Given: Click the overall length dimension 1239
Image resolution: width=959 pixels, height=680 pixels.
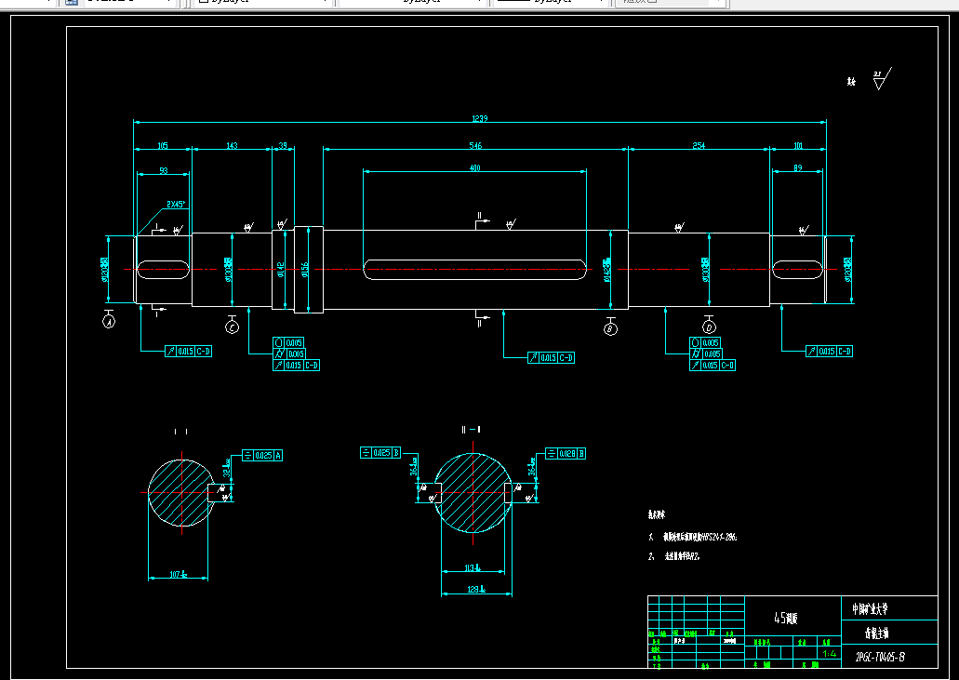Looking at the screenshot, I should tap(480, 118).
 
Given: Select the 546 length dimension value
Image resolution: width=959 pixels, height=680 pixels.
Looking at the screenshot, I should tap(475, 145).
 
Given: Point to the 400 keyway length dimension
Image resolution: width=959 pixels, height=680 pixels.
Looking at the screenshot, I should tap(475, 168).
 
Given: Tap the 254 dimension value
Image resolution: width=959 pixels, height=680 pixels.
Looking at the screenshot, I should tap(699, 145).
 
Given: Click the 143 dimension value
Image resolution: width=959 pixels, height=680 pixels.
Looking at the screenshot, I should tap(232, 145).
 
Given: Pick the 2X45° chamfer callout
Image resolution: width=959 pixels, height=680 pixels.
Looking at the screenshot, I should tap(176, 203).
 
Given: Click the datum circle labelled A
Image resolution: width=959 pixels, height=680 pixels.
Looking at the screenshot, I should tap(109, 322).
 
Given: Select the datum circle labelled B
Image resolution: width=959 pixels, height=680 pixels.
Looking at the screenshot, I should tap(610, 328).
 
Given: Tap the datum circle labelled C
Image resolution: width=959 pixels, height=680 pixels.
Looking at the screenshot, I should tap(233, 327).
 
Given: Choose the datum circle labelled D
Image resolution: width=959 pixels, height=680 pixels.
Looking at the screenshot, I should tap(709, 327).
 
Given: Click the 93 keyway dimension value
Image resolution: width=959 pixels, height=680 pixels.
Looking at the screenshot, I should tap(164, 170).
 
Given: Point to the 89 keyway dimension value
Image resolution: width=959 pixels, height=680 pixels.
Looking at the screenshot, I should tap(797, 168).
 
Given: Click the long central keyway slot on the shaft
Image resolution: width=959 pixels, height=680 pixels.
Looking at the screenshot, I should tap(475, 270).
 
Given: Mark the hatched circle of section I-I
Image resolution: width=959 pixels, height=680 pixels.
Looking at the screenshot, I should tap(180, 494).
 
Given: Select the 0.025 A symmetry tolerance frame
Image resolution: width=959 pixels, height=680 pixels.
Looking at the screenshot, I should tap(261, 455).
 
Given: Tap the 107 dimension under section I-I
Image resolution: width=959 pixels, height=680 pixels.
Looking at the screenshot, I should tap(179, 574).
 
